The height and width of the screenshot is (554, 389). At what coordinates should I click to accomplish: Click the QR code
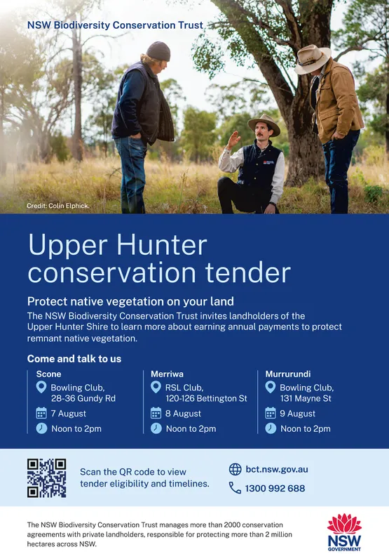[46, 477]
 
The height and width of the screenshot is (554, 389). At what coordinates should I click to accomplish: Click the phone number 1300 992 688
[275, 488]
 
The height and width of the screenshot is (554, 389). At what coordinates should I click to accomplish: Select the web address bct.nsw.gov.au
[276, 469]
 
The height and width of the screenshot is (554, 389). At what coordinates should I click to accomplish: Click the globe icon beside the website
[235, 469]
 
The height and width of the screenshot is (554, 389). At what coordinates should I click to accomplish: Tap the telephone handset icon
[235, 488]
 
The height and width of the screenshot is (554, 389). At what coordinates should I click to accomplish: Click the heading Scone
[48, 374]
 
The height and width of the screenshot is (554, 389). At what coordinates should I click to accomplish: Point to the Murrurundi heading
[288, 374]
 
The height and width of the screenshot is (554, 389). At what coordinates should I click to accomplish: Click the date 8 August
[183, 414]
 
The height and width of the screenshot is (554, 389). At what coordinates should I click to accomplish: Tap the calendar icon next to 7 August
[41, 414]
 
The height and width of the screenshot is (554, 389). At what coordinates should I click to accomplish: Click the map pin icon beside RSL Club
[156, 388]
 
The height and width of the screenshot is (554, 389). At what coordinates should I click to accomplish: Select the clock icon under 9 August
[271, 428]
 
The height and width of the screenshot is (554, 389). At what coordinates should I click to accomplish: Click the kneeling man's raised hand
[233, 138]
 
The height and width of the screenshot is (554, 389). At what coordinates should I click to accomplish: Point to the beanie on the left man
[158, 51]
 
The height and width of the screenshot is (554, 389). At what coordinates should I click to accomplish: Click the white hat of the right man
[312, 58]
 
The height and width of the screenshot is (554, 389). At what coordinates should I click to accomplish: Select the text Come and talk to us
[74, 359]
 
